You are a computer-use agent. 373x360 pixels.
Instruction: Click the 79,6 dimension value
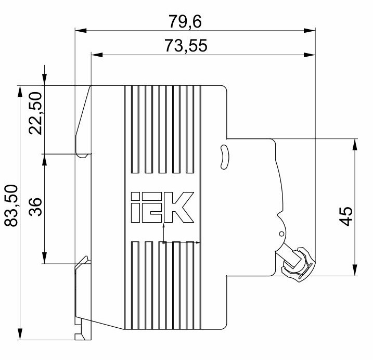tap(185, 21)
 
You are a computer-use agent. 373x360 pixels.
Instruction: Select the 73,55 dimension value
tap(186, 45)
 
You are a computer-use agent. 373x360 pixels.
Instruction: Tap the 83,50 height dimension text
tap(11, 205)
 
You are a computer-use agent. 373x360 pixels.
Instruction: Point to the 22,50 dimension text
tap(35, 113)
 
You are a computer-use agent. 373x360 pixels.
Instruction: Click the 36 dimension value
tap(35, 207)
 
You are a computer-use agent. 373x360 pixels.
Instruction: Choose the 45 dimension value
tap(345, 216)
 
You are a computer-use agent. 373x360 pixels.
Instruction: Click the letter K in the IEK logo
tap(179, 207)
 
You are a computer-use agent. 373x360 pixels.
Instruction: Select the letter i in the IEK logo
tap(135, 207)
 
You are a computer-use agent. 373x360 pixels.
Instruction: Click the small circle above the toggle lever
tap(281, 234)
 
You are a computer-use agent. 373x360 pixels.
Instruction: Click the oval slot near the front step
tap(224, 157)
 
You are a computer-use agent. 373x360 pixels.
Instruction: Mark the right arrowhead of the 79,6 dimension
tap(310, 31)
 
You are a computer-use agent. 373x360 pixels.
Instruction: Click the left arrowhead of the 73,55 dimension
tap(97, 55)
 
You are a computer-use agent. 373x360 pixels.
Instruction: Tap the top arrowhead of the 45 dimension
tap(355, 144)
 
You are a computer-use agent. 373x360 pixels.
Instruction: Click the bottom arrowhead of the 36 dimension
tap(44, 258)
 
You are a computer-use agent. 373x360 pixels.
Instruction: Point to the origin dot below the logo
tap(163, 243)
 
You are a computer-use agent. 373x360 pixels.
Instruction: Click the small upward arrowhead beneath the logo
tap(163, 225)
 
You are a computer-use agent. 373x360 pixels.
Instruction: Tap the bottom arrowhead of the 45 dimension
tap(355, 270)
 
